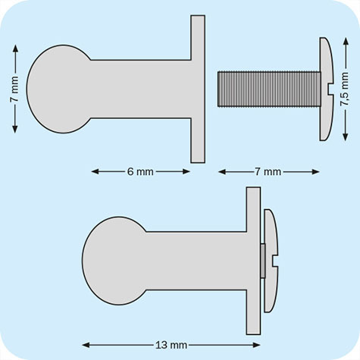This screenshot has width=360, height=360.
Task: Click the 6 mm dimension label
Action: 140,171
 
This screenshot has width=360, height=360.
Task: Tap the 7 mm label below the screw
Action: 268,172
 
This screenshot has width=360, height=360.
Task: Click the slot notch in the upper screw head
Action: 327,89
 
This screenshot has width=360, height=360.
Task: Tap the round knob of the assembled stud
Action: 114,261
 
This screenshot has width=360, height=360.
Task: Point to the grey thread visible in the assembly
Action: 262,261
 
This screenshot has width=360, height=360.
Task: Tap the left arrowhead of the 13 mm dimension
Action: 86,346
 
